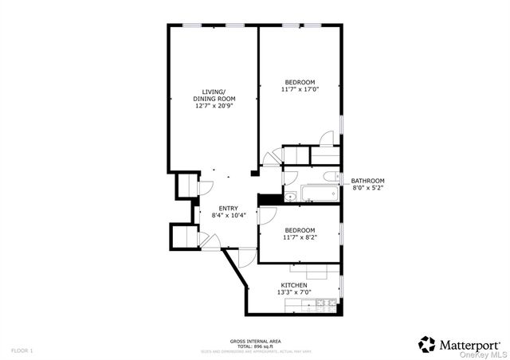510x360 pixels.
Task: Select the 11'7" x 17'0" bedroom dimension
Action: pos(299,90)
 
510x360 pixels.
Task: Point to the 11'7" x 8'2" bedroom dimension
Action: pos(299,237)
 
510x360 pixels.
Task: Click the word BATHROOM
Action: pos(367,180)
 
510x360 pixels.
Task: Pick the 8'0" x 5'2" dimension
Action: pos(367,188)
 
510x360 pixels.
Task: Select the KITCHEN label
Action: pos(294,284)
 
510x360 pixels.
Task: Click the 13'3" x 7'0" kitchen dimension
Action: pos(294,292)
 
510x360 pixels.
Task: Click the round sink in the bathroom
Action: pos(291,196)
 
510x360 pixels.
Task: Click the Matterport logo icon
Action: pos(427,343)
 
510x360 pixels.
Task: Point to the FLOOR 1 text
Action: pos(22,350)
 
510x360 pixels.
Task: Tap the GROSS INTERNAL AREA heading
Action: pos(255,340)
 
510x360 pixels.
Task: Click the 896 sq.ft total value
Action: pos(264,346)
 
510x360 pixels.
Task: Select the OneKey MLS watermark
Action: pos(486,354)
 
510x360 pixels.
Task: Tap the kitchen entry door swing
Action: pos(247,256)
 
